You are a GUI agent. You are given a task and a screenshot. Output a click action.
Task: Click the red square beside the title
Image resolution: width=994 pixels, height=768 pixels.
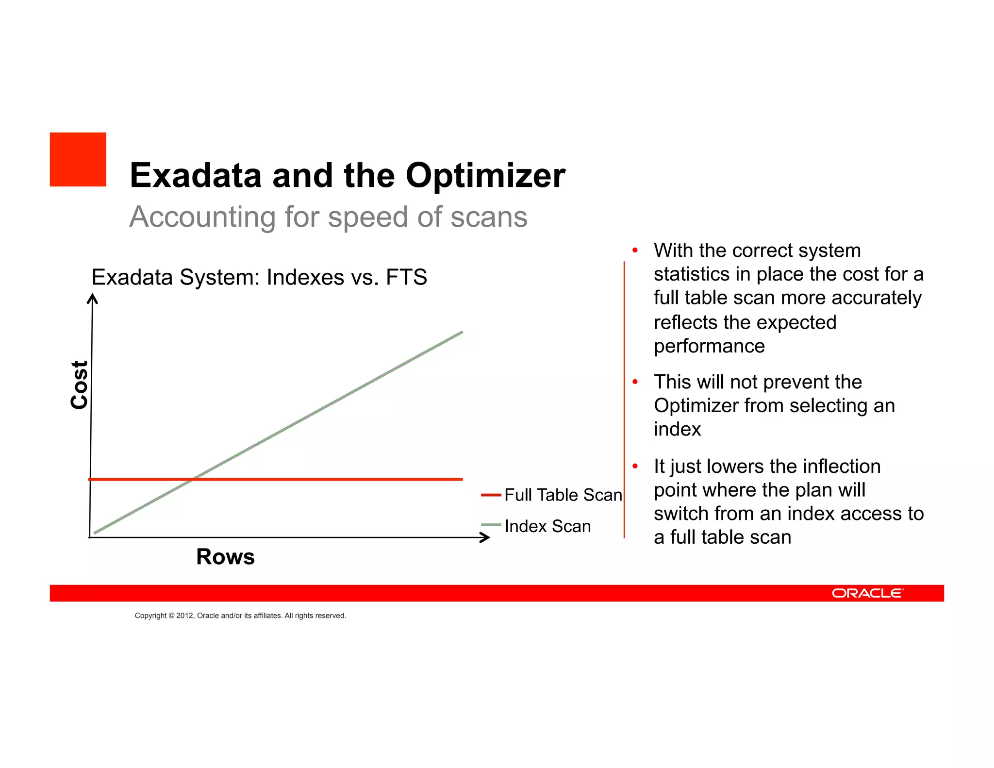coord(78,159)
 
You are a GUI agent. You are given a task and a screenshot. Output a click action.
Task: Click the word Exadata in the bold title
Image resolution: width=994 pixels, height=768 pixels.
coord(196,175)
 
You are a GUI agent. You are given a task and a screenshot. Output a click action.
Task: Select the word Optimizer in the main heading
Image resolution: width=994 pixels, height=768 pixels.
coord(485,175)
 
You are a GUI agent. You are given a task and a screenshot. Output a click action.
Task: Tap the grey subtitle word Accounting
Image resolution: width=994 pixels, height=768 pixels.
coord(202,217)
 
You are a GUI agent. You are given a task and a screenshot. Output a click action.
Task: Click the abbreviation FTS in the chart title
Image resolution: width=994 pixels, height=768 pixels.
coord(406,278)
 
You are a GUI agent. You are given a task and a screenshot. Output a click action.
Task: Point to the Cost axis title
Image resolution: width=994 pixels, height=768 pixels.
coord(79,384)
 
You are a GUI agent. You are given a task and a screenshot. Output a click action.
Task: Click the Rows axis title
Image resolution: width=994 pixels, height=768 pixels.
coord(225,556)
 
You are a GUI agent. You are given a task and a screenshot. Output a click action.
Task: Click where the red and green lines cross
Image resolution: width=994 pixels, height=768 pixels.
coord(193,479)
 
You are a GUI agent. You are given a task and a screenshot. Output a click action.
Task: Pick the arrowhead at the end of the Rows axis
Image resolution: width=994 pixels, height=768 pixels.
coord(485,537)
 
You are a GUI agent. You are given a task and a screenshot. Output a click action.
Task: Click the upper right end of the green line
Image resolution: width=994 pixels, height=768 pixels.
coord(461,333)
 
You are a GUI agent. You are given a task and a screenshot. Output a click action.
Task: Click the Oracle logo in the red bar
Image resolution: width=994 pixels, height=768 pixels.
coord(867,593)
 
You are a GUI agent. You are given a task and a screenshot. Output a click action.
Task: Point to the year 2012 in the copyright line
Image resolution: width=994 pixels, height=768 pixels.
coord(184,616)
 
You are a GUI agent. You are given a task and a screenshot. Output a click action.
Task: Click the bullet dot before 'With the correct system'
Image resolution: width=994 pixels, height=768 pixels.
coord(635,250)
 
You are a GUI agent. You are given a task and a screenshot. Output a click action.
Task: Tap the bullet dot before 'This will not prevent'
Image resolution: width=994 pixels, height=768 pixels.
coord(635,382)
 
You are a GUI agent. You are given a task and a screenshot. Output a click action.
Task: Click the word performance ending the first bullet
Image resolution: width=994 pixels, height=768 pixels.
coord(709,346)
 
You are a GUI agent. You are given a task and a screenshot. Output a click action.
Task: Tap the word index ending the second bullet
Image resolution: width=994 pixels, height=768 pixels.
coord(677,429)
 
